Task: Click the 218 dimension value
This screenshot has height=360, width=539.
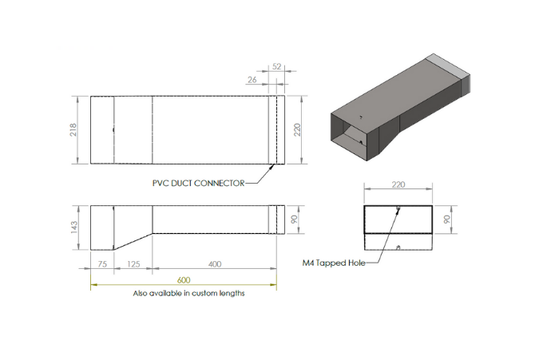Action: pos(73,130)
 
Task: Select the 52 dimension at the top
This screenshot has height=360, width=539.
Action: pos(277,66)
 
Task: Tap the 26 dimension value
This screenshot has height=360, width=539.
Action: pos(252,80)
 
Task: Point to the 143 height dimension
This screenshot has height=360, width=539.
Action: pos(74,227)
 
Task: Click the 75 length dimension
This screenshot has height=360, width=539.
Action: pos(102,264)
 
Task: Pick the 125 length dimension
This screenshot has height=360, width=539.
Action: pos(133,264)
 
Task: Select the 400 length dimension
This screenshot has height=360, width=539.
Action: pos(215,264)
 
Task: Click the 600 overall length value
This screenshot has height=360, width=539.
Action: pos(184,280)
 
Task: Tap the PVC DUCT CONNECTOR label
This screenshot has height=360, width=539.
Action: pos(198,183)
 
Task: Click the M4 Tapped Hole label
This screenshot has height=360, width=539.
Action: pos(334,263)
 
